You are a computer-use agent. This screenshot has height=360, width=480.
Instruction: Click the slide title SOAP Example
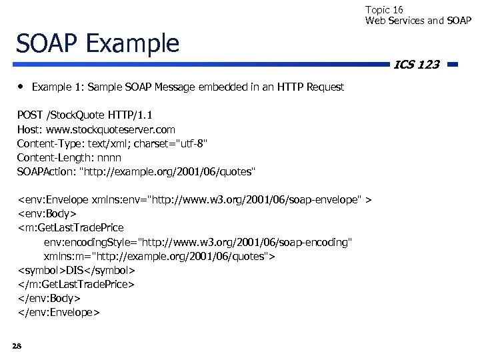[x=98, y=43]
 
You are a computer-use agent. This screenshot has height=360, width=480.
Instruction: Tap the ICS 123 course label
[x=416, y=65]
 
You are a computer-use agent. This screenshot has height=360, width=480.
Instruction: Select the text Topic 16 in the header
[x=385, y=10]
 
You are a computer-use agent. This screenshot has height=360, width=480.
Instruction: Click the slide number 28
[x=17, y=345]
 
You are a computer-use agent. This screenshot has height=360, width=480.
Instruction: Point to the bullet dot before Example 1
[x=21, y=87]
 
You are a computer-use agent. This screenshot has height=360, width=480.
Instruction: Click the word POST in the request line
[x=30, y=115]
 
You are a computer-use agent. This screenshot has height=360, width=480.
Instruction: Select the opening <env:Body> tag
[x=47, y=213]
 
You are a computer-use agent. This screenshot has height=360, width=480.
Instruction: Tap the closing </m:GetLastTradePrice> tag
[x=76, y=284]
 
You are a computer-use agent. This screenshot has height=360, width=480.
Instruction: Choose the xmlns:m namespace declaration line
[x=160, y=256]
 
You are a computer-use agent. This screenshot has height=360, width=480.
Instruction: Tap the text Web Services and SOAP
[x=418, y=21]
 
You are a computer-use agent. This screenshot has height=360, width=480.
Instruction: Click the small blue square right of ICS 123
[x=452, y=65]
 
